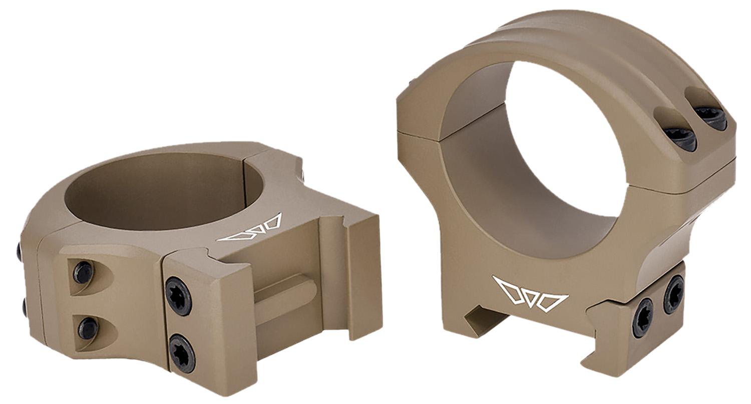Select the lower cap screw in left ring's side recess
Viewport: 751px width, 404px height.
click(x=88, y=328)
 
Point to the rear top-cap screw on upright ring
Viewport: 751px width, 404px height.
click(x=711, y=118)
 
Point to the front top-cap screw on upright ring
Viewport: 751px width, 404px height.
click(x=681, y=138)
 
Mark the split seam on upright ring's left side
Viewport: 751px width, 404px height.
click(x=418, y=133)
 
